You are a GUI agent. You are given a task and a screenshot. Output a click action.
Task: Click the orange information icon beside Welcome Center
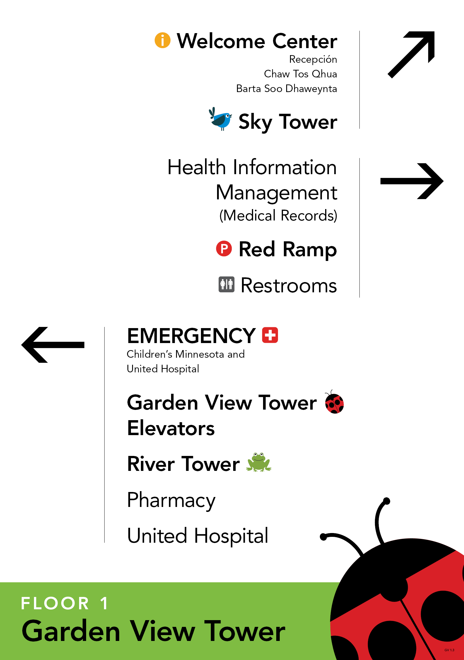(x=162, y=40)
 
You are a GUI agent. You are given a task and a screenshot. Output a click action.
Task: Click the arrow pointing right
(x=412, y=181)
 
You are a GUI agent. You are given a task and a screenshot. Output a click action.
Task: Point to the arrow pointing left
(x=53, y=345)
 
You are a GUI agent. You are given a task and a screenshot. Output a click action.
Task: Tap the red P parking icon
(x=224, y=249)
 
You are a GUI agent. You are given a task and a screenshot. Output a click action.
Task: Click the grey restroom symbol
(x=226, y=284)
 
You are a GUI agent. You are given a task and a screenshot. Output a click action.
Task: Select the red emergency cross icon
(x=270, y=335)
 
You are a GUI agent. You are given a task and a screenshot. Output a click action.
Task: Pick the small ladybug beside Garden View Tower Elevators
(x=334, y=403)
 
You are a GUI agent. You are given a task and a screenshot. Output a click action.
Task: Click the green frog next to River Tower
(x=259, y=462)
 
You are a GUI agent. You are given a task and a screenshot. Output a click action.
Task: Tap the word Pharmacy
(x=171, y=500)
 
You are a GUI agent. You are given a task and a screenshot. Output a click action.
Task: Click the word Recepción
(x=313, y=60)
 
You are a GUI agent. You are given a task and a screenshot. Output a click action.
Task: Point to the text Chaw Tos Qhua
(x=300, y=74)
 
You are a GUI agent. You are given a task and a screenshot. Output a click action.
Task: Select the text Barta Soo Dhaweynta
(x=286, y=89)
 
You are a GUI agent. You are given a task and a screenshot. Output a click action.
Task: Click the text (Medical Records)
(x=278, y=216)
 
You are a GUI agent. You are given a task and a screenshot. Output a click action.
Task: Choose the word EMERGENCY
(x=191, y=336)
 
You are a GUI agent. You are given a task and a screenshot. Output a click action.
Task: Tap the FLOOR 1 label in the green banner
(x=65, y=603)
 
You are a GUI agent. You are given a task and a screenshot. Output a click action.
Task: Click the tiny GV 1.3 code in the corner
(x=449, y=650)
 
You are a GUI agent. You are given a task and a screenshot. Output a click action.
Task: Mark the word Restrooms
(x=289, y=285)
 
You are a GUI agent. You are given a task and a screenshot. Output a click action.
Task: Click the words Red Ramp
(x=288, y=249)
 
